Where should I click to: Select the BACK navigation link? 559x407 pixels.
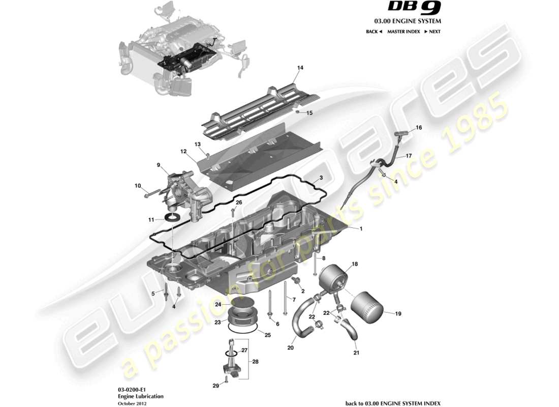click(x=374, y=32)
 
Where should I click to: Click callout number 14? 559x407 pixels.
click(x=300, y=68)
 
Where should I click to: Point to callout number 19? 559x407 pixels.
click(x=398, y=314)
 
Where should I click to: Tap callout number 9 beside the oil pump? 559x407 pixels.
click(x=158, y=165)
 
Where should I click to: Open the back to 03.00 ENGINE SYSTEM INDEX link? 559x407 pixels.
click(x=393, y=403)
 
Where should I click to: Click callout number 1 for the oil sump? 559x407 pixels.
click(x=361, y=229)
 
